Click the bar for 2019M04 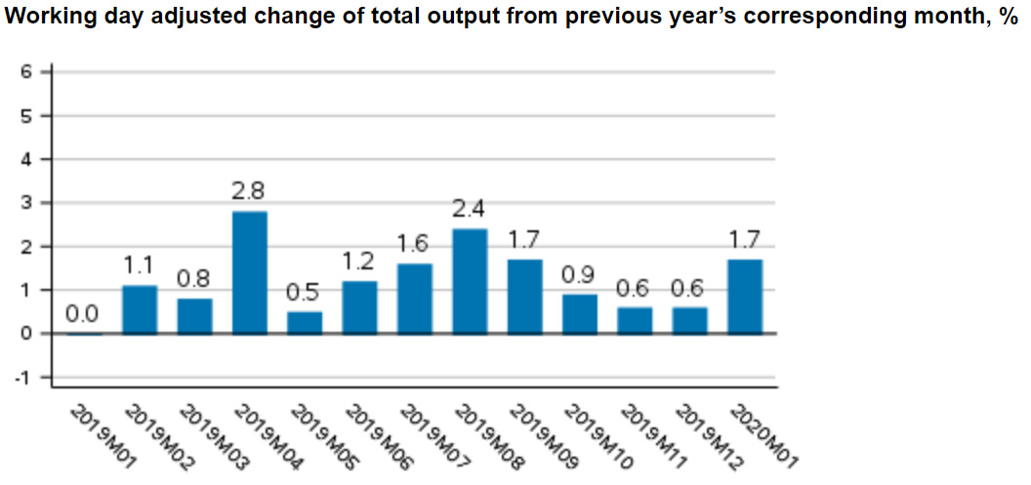(x=249, y=272)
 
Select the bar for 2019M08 (x=470, y=281)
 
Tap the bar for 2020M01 (x=745, y=296)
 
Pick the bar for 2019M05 (x=305, y=322)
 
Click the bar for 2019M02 (x=139, y=309)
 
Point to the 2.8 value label (x=249, y=191)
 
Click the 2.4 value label (x=470, y=209)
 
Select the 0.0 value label (x=83, y=314)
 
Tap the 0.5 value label (x=304, y=292)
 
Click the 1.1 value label (x=139, y=265)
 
